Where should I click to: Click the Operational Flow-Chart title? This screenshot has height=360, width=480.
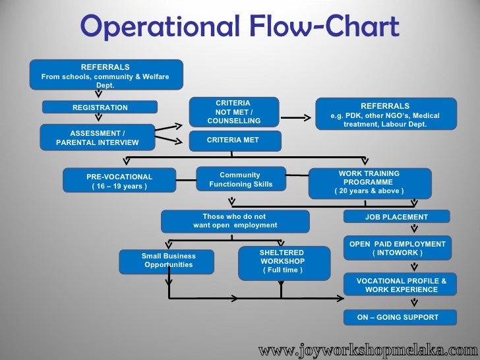pyautogui.click(x=239, y=28)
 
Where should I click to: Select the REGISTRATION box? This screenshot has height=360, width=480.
pyautogui.click(x=100, y=107)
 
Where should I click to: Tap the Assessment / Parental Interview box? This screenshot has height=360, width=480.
pyautogui.click(x=98, y=138)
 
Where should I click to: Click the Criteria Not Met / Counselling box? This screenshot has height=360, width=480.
pyautogui.click(x=234, y=112)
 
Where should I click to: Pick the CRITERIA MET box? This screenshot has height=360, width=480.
pyautogui.click(x=234, y=140)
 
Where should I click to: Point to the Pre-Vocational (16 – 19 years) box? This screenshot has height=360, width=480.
pyautogui.click(x=119, y=181)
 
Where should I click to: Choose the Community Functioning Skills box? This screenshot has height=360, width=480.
pyautogui.click(x=241, y=179)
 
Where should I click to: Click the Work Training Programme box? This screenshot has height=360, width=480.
pyautogui.click(x=369, y=183)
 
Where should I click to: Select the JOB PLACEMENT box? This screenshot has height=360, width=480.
pyautogui.click(x=396, y=217)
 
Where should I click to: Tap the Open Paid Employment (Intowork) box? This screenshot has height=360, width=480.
pyautogui.click(x=397, y=249)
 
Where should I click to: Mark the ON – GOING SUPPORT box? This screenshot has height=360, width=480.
pyautogui.click(x=397, y=317)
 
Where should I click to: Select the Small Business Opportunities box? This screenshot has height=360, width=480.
pyautogui.click(x=168, y=260)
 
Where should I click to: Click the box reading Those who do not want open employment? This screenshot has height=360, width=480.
pyautogui.click(x=235, y=221)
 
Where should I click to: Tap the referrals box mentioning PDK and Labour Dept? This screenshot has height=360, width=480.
pyautogui.click(x=386, y=115)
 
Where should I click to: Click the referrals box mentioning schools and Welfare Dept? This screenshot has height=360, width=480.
pyautogui.click(x=105, y=76)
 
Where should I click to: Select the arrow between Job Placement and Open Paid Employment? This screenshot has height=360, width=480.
pyautogui.click(x=414, y=229)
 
